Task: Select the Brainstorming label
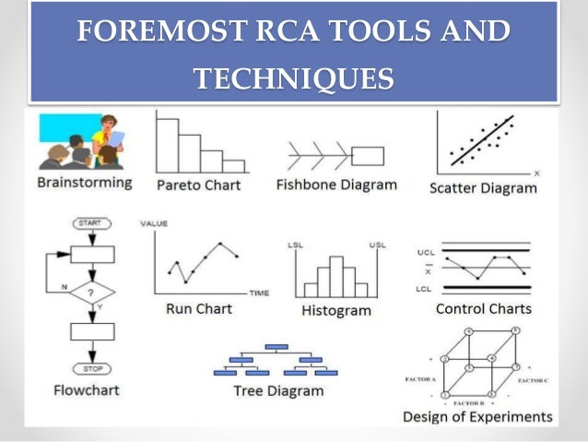(x=84, y=183)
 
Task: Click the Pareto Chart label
(x=198, y=185)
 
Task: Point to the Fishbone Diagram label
(x=336, y=184)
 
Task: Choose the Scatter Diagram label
(x=483, y=188)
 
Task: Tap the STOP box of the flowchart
(x=92, y=368)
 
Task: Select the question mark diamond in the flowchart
(x=92, y=291)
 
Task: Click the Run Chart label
(x=199, y=308)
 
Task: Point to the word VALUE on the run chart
(x=153, y=224)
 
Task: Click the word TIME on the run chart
(x=259, y=293)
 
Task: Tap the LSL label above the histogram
(x=297, y=245)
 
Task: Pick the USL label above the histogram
(x=376, y=245)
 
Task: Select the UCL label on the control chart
(x=425, y=250)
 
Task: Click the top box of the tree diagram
(x=276, y=347)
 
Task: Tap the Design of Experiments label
(x=477, y=416)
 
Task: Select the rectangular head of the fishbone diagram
(x=369, y=155)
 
